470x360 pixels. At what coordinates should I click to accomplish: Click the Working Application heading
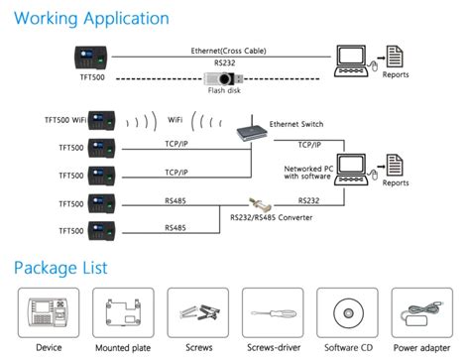point(91,18)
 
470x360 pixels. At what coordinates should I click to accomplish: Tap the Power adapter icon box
point(421,313)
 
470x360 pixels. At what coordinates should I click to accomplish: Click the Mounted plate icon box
point(122,313)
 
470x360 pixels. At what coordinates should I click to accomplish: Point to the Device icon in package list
point(48,313)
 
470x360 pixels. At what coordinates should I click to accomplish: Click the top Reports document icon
point(394,58)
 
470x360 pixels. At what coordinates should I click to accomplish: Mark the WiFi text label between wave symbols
point(176,121)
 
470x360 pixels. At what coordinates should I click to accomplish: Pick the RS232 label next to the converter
point(306,200)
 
